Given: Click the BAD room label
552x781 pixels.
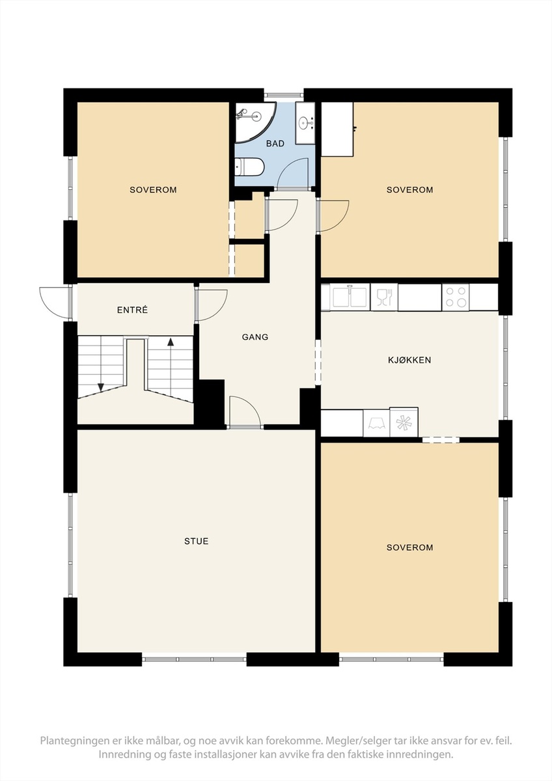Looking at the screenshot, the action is pos(275,143).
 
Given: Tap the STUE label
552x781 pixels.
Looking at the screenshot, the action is pos(197,541).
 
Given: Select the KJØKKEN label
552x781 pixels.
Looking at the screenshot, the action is pos(409,360).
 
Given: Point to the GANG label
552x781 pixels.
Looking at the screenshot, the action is pos(255,337).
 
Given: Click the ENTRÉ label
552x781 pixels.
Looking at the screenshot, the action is pos(133,310).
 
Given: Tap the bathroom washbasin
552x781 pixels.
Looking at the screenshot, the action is pos(305,123).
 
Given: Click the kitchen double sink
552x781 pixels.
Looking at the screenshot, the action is pos(350,297).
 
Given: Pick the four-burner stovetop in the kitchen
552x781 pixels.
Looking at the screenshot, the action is pos(456,297).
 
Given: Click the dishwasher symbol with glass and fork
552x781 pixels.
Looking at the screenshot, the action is pos(384,297).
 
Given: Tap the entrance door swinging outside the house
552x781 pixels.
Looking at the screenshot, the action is pos(56,303).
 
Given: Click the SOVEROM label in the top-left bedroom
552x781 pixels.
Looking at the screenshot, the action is pos(153,189).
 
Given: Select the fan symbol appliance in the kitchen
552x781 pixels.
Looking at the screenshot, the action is pos(404,422).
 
